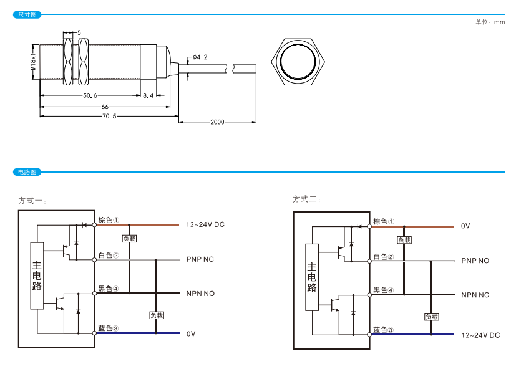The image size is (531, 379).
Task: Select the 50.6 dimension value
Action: [90, 95]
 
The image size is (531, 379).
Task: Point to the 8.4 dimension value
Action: [148, 95]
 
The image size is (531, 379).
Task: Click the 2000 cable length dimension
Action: [217, 122]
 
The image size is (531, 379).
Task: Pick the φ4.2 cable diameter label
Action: [200, 57]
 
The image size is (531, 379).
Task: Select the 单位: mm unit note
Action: [490, 22]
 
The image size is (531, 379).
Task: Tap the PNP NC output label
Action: [200, 259]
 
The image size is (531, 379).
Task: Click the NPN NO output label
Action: [200, 294]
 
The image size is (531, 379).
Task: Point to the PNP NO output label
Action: [475, 261]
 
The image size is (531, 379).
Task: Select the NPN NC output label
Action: [475, 295]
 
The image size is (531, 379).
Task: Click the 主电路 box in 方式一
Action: [37, 274]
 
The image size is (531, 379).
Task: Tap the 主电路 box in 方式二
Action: [312, 277]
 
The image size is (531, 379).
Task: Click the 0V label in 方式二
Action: [465, 226]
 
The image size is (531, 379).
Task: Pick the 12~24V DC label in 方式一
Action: [205, 224]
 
